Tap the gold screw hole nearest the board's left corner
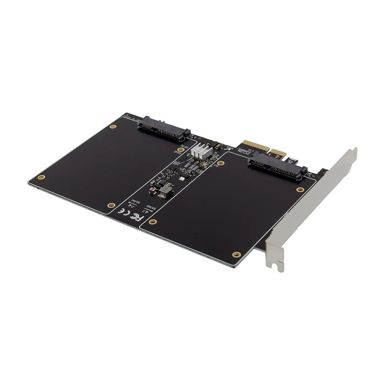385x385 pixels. (x=42, y=177)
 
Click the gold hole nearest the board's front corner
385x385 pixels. (x=236, y=254)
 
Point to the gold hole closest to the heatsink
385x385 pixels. (x=221, y=164)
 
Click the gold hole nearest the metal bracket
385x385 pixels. (x=300, y=190)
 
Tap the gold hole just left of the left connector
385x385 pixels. (x=113, y=127)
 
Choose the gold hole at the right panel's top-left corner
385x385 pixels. (x=221, y=164)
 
